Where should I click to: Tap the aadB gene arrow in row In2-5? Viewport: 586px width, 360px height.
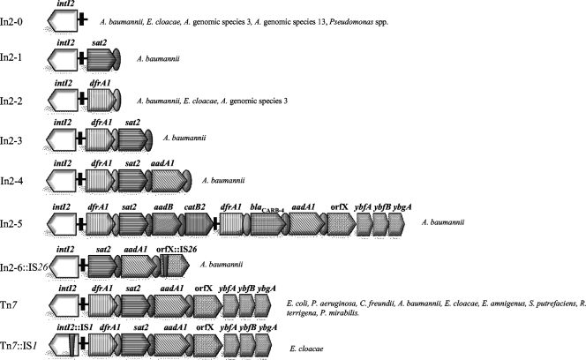[164, 224]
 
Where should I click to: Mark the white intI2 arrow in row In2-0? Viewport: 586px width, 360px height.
[63, 19]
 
